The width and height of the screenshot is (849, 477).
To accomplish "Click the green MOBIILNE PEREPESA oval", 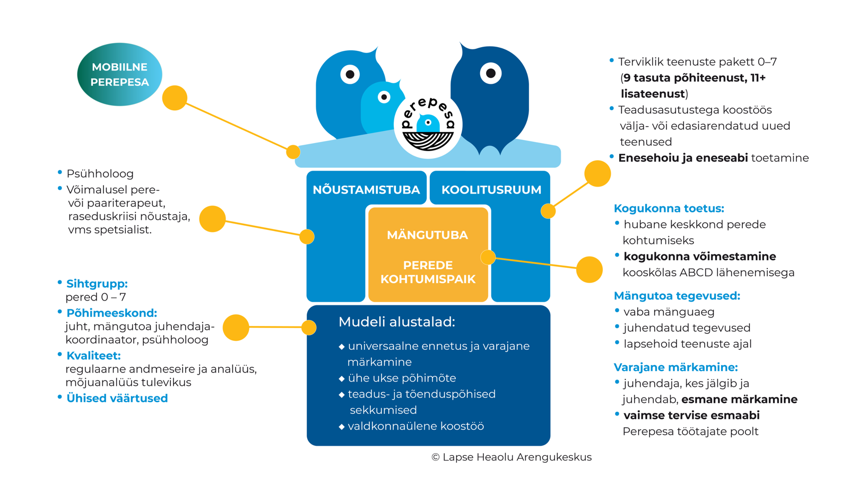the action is tap(120, 74).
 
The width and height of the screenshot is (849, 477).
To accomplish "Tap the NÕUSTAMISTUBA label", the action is tap(366, 190).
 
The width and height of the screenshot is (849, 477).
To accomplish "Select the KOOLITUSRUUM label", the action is tap(491, 190).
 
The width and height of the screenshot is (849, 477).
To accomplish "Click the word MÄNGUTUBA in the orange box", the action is tap(428, 235).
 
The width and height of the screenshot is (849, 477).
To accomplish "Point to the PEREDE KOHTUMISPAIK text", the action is tap(428, 272).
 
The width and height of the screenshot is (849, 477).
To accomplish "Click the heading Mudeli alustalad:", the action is tap(396, 322).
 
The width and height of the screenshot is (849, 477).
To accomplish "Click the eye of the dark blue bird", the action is tap(490, 73).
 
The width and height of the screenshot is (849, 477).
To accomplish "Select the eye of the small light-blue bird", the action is tap(384, 98).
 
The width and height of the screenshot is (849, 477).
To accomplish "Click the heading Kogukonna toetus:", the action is tap(669, 208).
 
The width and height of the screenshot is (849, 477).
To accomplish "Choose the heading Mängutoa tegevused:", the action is tap(677, 296).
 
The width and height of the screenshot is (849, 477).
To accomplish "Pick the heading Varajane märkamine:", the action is tap(676, 367).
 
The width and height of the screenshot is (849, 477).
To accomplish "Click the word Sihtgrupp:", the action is tap(97, 284).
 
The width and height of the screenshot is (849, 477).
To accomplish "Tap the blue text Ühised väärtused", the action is tap(117, 398).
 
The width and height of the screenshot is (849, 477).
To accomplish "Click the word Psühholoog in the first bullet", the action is tap(100, 174).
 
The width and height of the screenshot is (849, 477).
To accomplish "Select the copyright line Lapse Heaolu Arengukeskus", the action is tap(512, 457).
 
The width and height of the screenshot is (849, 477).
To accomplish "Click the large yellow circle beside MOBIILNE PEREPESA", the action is tap(175, 98).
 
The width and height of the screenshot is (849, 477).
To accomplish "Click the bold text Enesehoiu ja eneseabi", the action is tap(683, 158).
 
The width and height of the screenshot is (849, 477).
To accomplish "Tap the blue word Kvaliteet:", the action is tap(93, 356).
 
